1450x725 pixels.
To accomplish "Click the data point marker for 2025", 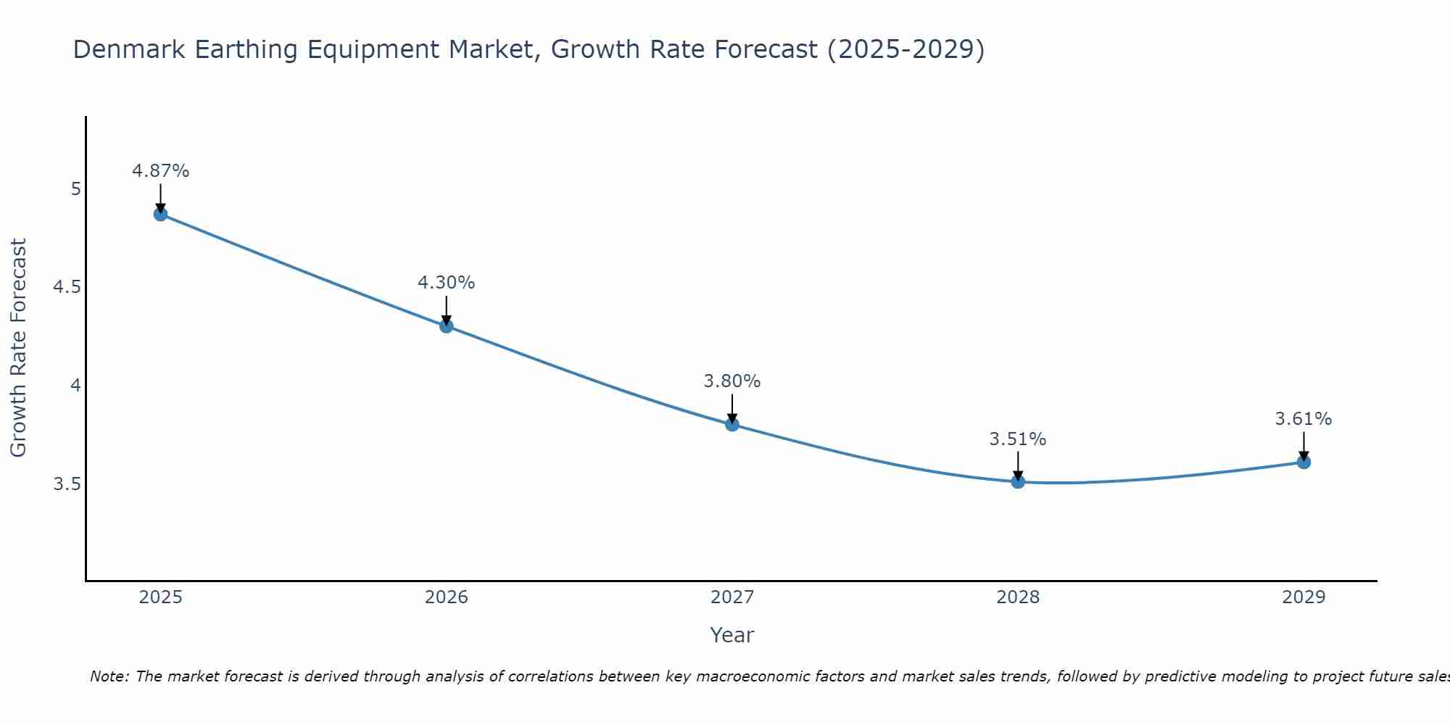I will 161,214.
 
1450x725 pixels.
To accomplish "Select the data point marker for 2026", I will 447,326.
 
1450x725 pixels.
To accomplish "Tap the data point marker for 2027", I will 732,424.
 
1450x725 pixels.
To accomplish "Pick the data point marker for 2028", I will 1018,481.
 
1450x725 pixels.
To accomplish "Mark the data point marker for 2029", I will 1304,462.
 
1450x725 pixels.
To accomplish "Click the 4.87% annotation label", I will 161,171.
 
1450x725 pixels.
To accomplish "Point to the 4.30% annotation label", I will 447,283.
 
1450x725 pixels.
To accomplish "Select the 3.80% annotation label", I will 732,381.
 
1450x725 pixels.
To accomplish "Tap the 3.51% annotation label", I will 1018,439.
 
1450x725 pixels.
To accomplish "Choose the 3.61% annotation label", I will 1304,419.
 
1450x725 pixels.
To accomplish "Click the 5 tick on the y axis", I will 75,189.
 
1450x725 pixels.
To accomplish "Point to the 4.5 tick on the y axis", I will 67,287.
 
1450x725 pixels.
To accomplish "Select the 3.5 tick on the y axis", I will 67,484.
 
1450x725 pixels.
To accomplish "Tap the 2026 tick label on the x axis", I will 447,597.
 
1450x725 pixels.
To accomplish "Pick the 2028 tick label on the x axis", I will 1018,597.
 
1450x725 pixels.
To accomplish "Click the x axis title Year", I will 732,635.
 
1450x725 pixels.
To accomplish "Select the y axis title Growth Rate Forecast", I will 19,348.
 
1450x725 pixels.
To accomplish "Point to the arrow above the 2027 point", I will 732,408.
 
